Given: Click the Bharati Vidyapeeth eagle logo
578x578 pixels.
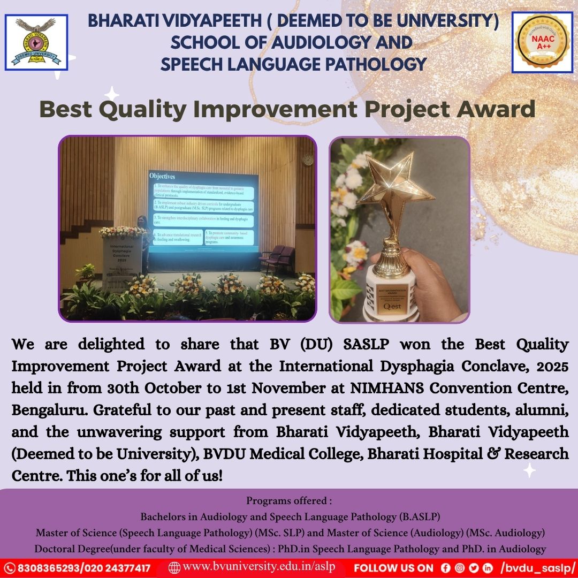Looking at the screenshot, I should coord(36,42).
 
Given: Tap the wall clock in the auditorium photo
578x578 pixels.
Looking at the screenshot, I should coord(307,159).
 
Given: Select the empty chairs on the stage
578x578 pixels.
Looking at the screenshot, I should coord(277,258).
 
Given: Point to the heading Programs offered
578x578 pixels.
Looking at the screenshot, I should coord(289,501).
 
